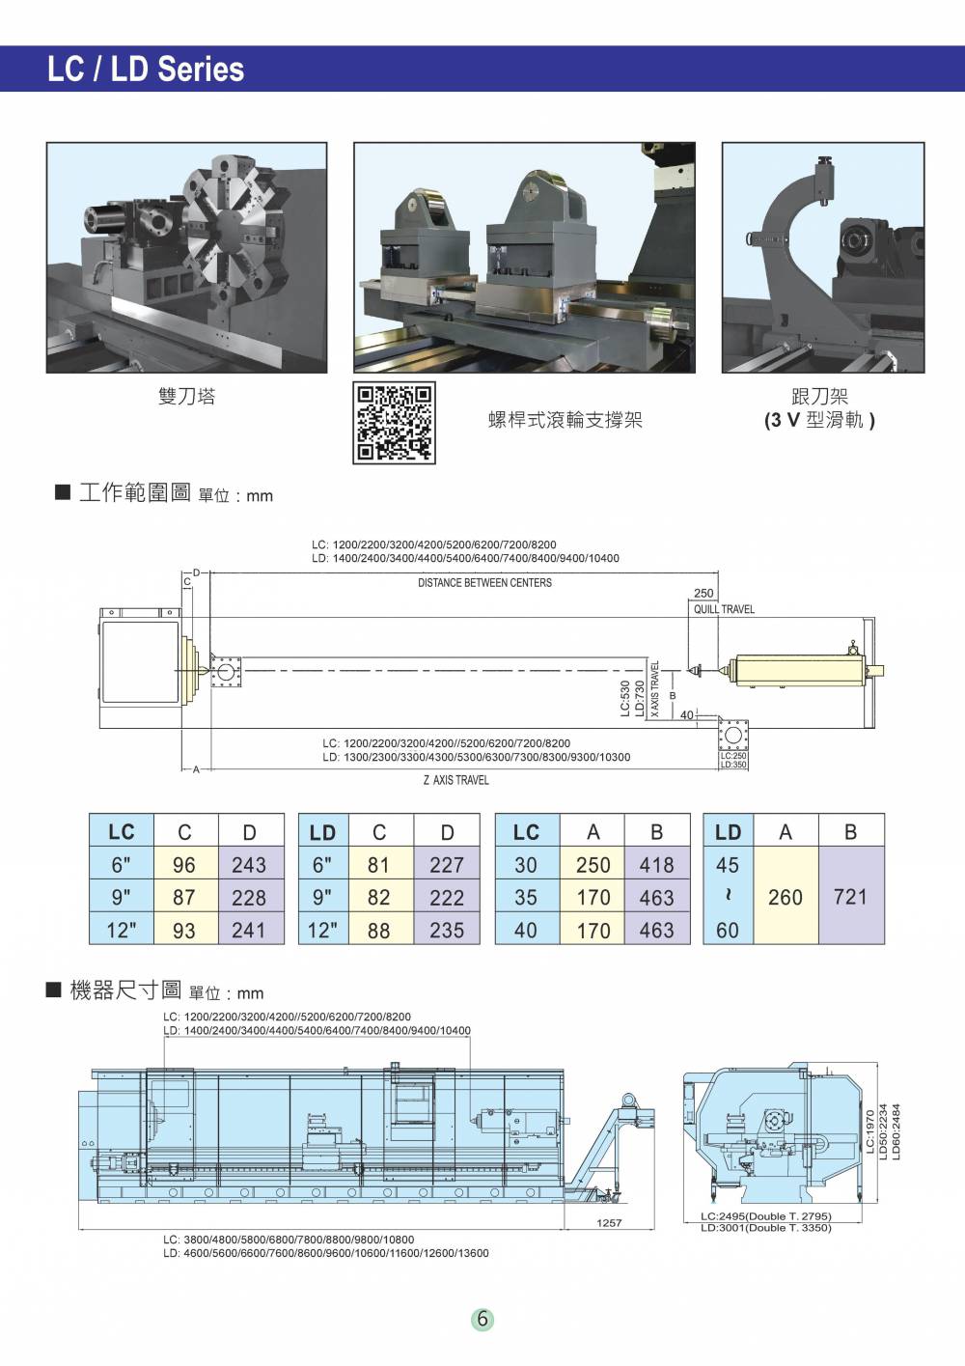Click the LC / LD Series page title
[x=146, y=70]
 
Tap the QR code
[x=396, y=422]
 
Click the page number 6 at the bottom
[x=482, y=1319]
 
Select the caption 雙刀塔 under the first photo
[x=186, y=396]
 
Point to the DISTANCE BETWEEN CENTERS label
[x=484, y=583]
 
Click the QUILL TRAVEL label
[x=724, y=609]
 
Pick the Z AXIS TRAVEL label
[x=455, y=780]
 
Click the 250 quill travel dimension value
[x=703, y=594]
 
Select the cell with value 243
[x=249, y=865]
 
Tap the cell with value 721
[x=850, y=897]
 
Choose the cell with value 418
[x=656, y=865]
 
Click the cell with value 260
[x=785, y=898]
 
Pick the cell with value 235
[x=447, y=931]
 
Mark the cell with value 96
[x=183, y=865]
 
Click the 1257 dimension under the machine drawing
[x=609, y=1223]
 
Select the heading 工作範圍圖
[x=134, y=493]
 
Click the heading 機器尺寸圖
[x=125, y=990]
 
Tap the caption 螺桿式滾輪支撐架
[x=565, y=420]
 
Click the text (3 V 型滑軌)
[x=819, y=421]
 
